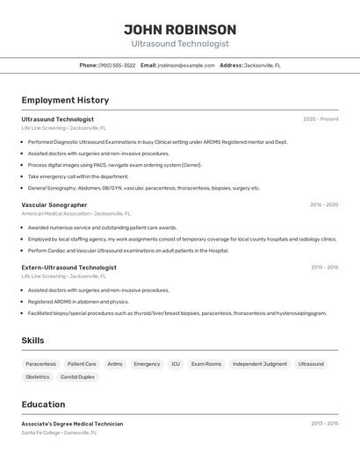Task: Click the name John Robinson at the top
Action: (x=179, y=29)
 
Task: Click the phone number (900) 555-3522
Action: (x=117, y=65)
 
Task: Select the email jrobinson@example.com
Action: (x=186, y=65)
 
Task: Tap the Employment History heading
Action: (x=65, y=100)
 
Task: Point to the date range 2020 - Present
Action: (x=320, y=119)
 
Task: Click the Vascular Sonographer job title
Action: (x=54, y=204)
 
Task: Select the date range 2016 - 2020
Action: (x=324, y=204)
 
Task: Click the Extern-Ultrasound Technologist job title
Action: (x=68, y=268)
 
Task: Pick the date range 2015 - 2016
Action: (x=324, y=268)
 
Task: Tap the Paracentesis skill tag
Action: (x=41, y=363)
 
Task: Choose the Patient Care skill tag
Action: (x=82, y=363)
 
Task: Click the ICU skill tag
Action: (x=176, y=363)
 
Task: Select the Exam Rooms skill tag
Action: (x=206, y=363)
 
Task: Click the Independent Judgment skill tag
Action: (x=260, y=363)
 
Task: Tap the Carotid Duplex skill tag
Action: (x=77, y=376)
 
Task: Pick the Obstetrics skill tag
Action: (x=38, y=376)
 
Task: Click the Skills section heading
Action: (x=32, y=340)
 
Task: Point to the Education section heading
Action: (x=43, y=404)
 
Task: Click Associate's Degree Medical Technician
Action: (x=72, y=424)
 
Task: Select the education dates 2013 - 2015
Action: (x=324, y=424)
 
